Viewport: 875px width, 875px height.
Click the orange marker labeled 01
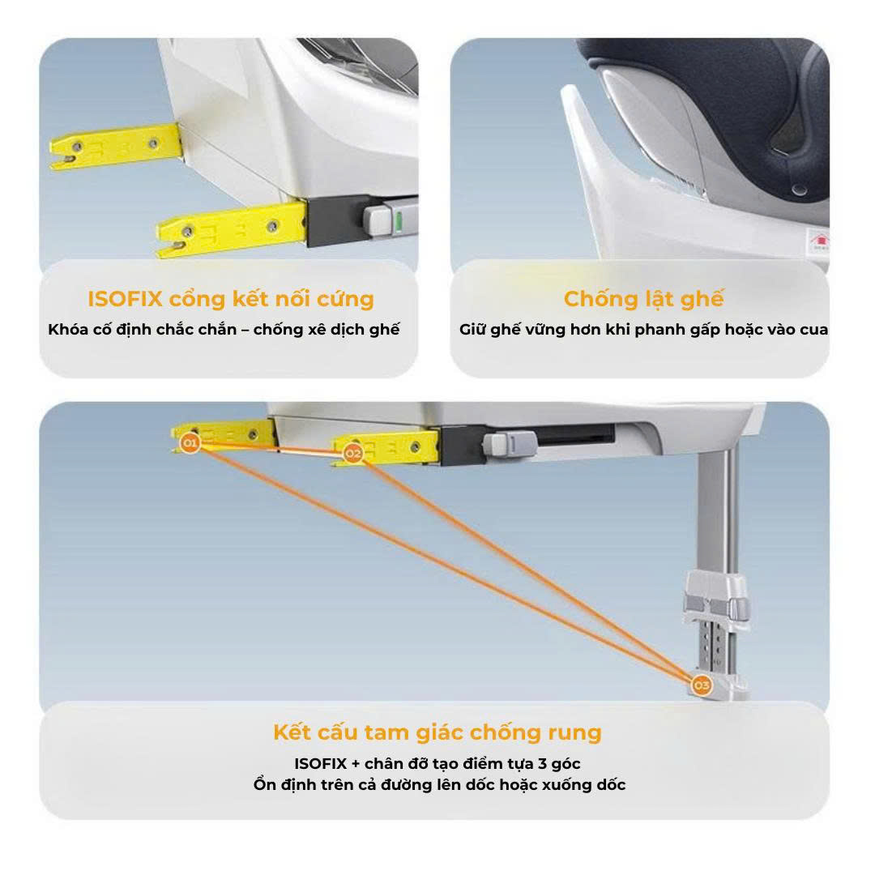190,443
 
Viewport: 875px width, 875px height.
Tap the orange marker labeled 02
352,453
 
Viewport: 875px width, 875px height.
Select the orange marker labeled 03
702,685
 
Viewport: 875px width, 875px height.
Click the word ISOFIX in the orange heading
125,299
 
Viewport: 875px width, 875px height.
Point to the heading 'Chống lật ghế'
643,300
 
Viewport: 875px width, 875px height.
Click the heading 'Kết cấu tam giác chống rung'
437,732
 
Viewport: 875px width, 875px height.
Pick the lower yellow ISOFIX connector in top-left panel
231,228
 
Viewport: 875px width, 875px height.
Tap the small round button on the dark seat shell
799,190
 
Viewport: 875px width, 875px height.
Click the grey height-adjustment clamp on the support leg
716,599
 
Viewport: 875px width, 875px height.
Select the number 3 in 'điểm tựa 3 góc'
541,763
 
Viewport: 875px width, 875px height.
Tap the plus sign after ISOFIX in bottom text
356,764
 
